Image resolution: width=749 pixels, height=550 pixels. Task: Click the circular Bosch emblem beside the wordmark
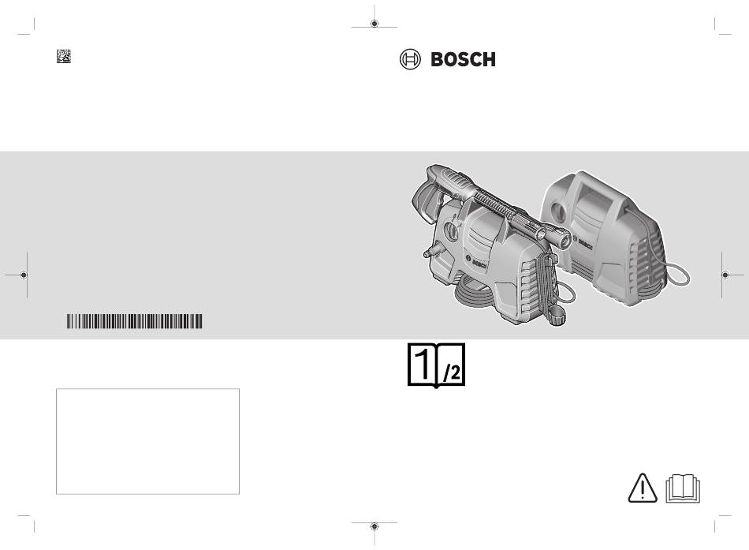(410, 59)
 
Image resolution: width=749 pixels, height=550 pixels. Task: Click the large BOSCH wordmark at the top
(463, 59)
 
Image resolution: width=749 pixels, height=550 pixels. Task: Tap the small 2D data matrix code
(64, 56)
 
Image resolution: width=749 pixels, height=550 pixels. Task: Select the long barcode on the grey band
(134, 321)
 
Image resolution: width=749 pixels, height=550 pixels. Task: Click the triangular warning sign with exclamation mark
(643, 488)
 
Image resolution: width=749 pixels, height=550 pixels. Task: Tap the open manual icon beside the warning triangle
(683, 488)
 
